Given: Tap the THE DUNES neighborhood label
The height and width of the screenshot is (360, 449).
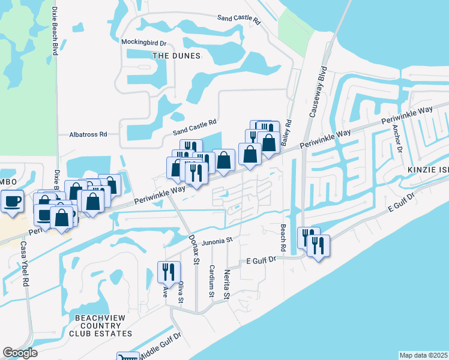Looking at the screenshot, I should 176,56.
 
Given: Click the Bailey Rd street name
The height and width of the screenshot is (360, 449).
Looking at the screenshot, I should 289,131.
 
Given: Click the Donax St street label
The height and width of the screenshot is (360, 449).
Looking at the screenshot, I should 194,250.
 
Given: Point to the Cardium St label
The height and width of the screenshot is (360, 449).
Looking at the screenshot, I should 211,281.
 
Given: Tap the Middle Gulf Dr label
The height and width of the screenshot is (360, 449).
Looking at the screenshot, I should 160,347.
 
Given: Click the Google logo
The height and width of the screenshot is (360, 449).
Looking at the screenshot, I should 20,353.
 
